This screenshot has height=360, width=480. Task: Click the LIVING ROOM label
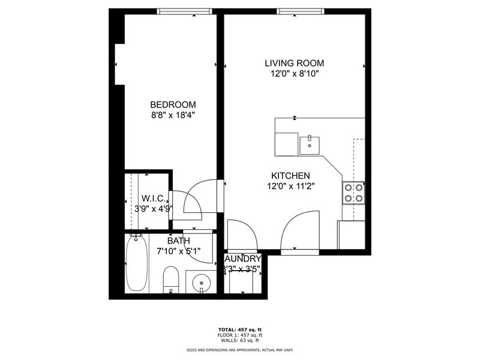[x=294, y=63]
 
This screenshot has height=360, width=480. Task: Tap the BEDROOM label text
[x=173, y=104]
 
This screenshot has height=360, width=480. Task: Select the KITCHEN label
[x=290, y=175]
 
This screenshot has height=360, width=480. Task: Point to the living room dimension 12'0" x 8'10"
[x=294, y=74]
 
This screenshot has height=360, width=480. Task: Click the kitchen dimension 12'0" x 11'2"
[x=290, y=185]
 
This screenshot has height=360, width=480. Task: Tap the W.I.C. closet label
[x=154, y=199]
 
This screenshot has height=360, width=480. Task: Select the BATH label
[x=178, y=241]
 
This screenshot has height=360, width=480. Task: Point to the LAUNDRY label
[x=242, y=258]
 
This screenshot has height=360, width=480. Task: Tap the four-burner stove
[x=353, y=192]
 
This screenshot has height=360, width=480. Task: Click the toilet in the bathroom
[x=171, y=280]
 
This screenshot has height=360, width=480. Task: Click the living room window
[x=301, y=11]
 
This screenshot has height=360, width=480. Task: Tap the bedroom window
[x=184, y=11]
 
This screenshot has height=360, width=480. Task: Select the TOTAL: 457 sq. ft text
[x=239, y=329]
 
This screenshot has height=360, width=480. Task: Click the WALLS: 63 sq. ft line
[x=239, y=340]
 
